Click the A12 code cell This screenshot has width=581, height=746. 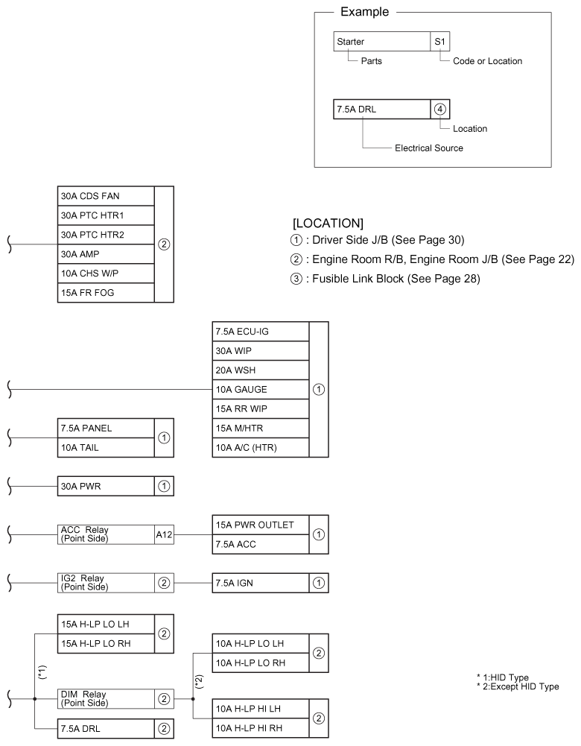click(164, 534)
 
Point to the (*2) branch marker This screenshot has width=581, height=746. click(199, 680)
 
